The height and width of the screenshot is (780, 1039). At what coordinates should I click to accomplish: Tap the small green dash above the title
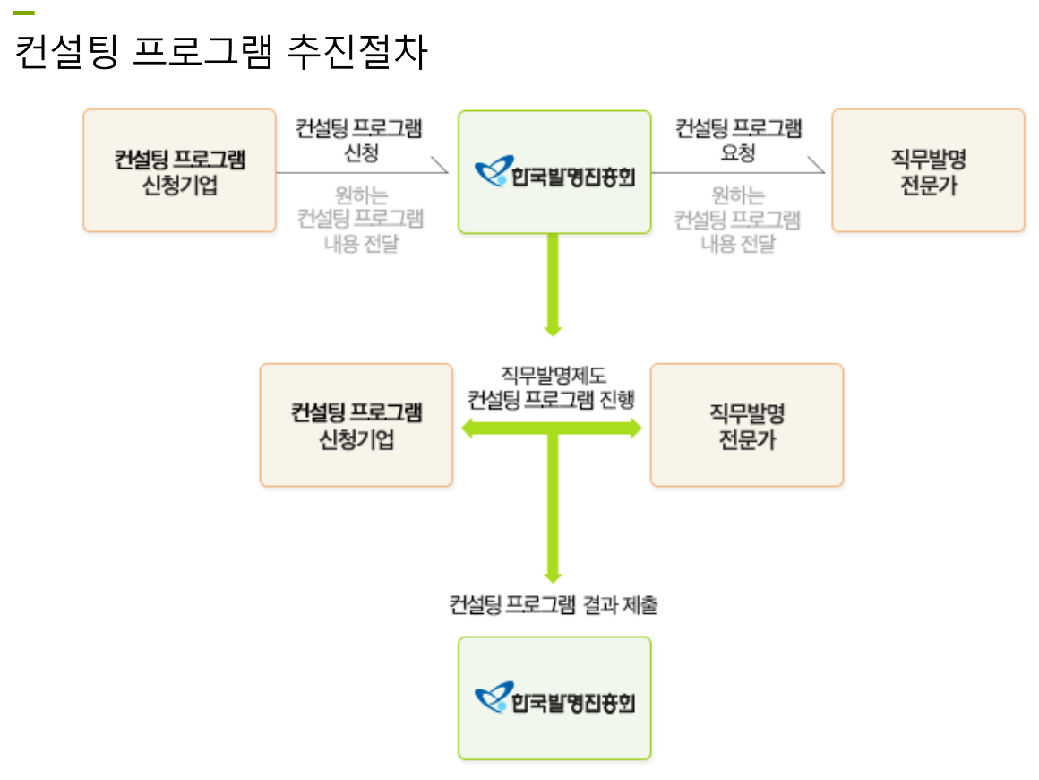[23, 13]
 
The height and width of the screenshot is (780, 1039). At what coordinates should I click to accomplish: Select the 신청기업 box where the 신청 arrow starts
[179, 170]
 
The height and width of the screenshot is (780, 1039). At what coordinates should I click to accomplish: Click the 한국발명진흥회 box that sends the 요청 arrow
[554, 172]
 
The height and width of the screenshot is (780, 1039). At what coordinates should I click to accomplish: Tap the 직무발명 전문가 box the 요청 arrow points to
[928, 170]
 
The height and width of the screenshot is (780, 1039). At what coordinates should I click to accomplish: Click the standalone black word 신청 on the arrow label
[361, 152]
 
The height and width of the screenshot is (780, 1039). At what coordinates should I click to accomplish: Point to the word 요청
[738, 152]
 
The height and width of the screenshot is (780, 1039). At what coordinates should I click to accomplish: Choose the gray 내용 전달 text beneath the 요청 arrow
[738, 244]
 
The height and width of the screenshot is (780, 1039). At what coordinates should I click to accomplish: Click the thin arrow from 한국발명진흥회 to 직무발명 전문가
[739, 170]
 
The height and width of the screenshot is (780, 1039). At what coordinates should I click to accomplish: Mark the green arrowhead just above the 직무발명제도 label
[553, 329]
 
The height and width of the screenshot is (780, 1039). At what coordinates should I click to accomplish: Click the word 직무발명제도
[553, 376]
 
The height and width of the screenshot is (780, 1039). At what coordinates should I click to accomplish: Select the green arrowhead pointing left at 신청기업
[468, 429]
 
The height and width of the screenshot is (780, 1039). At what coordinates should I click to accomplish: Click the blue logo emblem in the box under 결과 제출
[492, 698]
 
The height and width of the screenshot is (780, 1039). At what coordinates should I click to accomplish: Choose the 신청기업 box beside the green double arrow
[356, 425]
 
